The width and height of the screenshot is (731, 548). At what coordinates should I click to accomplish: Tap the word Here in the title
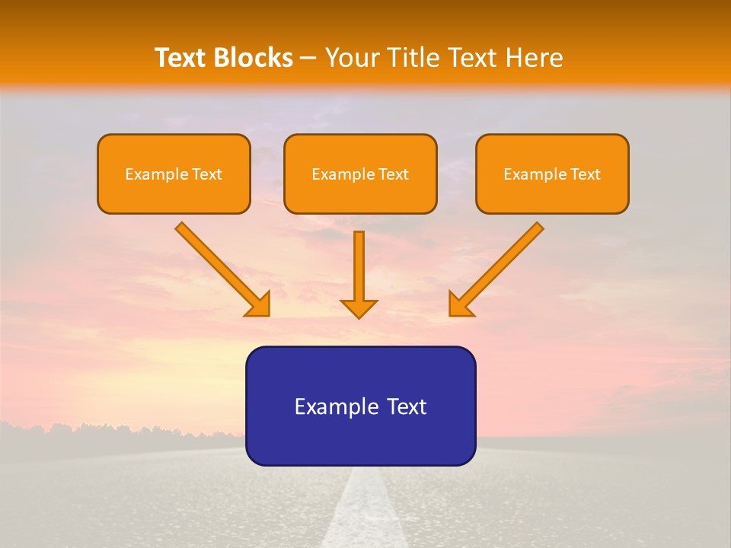(535, 58)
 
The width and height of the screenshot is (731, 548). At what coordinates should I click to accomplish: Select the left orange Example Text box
(174, 174)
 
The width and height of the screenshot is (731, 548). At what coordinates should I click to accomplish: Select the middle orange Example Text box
(360, 174)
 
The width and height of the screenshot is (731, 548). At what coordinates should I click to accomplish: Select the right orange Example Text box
(552, 174)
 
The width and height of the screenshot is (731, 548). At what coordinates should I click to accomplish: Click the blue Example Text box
(360, 406)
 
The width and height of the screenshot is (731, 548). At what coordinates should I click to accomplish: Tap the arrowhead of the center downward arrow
(359, 307)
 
